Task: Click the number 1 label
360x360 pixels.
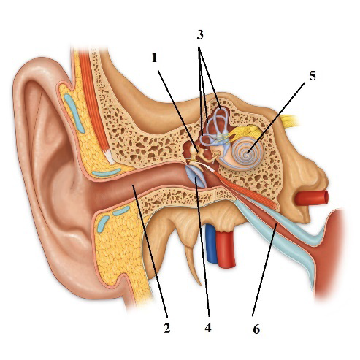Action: (x=154, y=58)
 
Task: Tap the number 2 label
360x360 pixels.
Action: (x=166, y=328)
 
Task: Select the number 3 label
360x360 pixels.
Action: (x=200, y=35)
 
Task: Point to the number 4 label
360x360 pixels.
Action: (x=208, y=328)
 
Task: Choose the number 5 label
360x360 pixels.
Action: (x=313, y=76)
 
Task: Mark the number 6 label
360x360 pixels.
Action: (x=256, y=329)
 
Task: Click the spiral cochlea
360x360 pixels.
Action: (x=248, y=153)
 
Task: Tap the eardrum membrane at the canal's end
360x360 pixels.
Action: (x=196, y=177)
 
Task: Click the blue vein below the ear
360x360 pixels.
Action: (x=211, y=243)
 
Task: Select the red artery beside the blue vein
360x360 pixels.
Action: (x=226, y=248)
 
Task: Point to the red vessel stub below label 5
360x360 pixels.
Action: (x=312, y=198)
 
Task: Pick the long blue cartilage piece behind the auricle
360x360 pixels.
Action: (x=74, y=113)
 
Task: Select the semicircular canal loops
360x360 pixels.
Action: (x=215, y=126)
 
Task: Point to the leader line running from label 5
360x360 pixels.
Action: (x=276, y=118)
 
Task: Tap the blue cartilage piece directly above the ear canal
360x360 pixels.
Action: (x=107, y=172)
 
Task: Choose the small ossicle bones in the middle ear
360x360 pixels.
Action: (x=202, y=156)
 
